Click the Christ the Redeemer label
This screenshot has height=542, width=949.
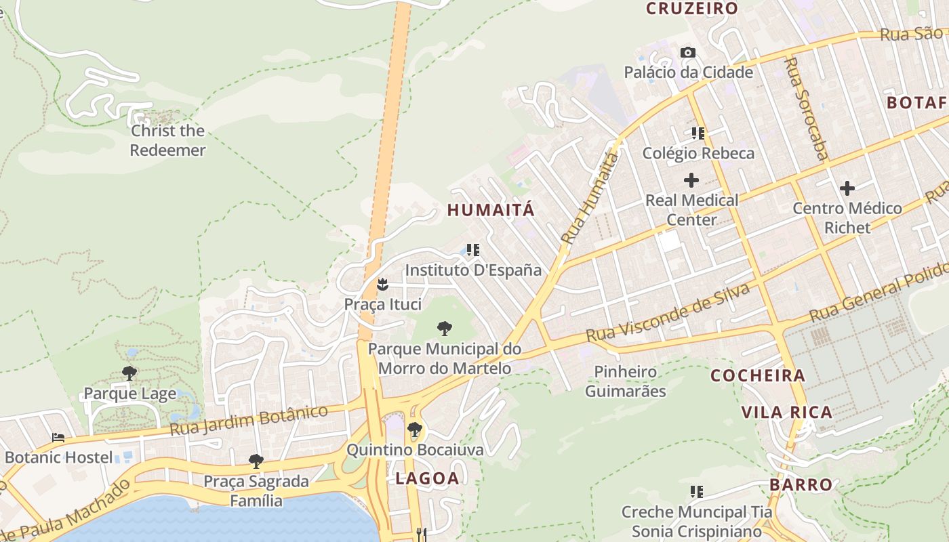pyautogui.click(x=167, y=140)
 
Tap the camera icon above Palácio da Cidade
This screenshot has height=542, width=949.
pyautogui.click(x=688, y=52)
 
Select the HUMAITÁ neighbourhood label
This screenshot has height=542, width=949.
pyautogui.click(x=491, y=210)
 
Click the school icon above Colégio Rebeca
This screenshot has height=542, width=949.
pyautogui.click(x=698, y=133)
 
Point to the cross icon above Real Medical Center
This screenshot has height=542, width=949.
pyautogui.click(x=691, y=180)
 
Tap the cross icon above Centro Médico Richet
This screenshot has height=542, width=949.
pyautogui.click(x=847, y=188)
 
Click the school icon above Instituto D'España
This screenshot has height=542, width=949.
pyautogui.click(x=473, y=250)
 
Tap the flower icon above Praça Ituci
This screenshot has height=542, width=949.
pyautogui.click(x=383, y=285)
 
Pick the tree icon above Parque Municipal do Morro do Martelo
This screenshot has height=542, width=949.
pyautogui.click(x=445, y=329)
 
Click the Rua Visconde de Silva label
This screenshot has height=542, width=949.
pyautogui.click(x=668, y=313)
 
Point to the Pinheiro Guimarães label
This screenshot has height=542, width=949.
pyautogui.click(x=625, y=381)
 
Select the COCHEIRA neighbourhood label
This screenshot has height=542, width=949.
pyautogui.click(x=758, y=375)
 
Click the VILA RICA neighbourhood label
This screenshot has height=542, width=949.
pyautogui.click(x=786, y=412)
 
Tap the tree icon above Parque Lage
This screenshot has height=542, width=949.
pyautogui.click(x=129, y=373)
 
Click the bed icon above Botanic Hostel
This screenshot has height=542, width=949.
pyautogui.click(x=58, y=438)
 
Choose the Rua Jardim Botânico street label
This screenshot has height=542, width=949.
pyautogui.click(x=249, y=420)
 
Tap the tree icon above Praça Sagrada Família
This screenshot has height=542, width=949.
pyautogui.click(x=256, y=461)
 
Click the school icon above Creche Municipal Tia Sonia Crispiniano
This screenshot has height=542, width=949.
pyautogui.click(x=696, y=491)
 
